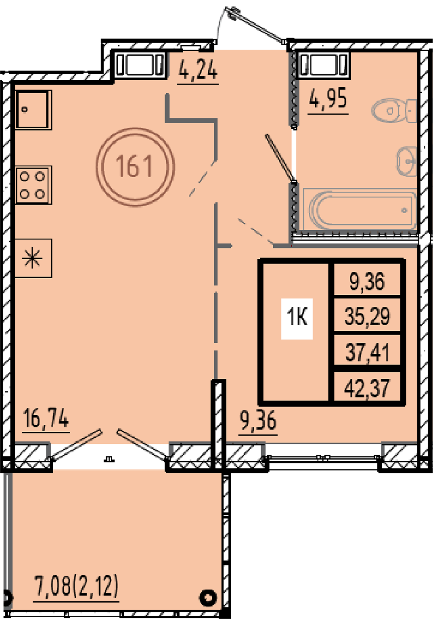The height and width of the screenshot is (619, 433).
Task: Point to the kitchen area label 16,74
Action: (x=46, y=418)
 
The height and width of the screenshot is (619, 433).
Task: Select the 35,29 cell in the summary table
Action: (x=367, y=316)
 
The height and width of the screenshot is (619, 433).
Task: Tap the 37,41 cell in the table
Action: (x=367, y=352)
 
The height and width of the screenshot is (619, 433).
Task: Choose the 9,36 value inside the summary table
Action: (x=367, y=281)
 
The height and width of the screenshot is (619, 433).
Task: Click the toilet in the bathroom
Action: (x=394, y=111)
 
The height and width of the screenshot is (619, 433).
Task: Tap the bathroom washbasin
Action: (x=407, y=161)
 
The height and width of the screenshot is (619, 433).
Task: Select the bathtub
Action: (x=360, y=209)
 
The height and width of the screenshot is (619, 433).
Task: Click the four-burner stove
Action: (x=33, y=185)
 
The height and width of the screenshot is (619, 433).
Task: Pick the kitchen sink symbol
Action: (x=33, y=110)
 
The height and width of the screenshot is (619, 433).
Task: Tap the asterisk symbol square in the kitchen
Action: (x=33, y=258)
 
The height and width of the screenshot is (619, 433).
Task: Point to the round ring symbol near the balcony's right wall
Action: (x=208, y=598)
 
